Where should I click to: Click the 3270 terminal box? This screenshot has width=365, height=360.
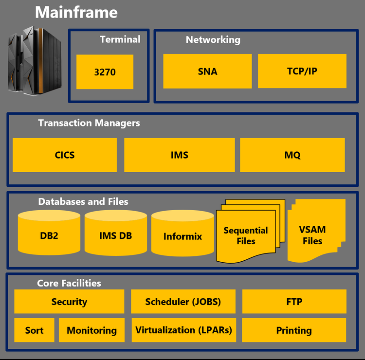[105, 72]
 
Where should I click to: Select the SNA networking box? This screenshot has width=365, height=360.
[207, 71]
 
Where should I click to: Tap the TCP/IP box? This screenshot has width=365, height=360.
[302, 71]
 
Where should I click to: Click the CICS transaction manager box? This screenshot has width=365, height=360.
[65, 155]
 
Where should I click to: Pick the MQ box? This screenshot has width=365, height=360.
[292, 155]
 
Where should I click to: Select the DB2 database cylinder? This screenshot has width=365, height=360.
[49, 236]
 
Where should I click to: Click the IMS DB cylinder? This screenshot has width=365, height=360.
[115, 236]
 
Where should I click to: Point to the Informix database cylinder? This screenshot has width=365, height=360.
[182, 236]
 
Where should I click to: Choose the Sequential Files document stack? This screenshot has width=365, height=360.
[246, 235]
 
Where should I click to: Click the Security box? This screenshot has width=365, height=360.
[69, 302]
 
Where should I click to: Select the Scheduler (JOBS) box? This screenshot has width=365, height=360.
[183, 302]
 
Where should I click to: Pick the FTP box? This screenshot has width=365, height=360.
[294, 302]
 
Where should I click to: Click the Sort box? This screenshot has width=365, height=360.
[34, 330]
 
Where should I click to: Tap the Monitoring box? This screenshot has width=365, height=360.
[91, 330]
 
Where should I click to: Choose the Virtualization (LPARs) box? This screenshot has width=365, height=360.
[183, 330]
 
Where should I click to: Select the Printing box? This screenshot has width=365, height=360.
[294, 330]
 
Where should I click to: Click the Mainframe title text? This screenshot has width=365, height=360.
[76, 12]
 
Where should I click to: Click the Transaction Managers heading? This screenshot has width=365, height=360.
[89, 123]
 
